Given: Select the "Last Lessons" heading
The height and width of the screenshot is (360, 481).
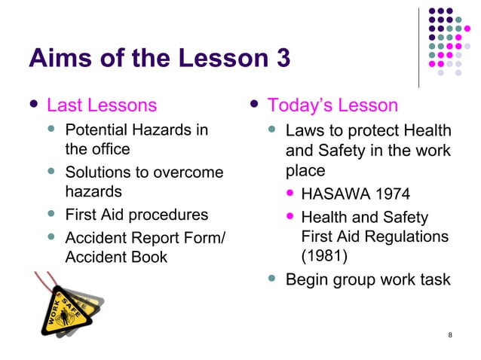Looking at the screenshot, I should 102,105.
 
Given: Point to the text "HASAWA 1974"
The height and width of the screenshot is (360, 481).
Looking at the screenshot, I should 355,195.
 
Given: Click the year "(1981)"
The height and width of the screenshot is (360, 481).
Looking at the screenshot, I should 324,256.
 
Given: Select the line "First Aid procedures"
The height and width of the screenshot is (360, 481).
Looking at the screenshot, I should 137,215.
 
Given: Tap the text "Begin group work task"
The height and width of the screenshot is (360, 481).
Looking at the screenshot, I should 368,280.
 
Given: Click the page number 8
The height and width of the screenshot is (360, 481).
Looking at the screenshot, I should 450,335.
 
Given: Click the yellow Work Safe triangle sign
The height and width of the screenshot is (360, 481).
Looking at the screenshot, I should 65,313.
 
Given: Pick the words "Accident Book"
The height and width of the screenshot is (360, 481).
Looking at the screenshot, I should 116,257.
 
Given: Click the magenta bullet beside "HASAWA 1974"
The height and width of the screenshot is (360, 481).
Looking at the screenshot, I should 290,195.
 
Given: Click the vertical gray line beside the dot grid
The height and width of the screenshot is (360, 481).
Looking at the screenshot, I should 418,47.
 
